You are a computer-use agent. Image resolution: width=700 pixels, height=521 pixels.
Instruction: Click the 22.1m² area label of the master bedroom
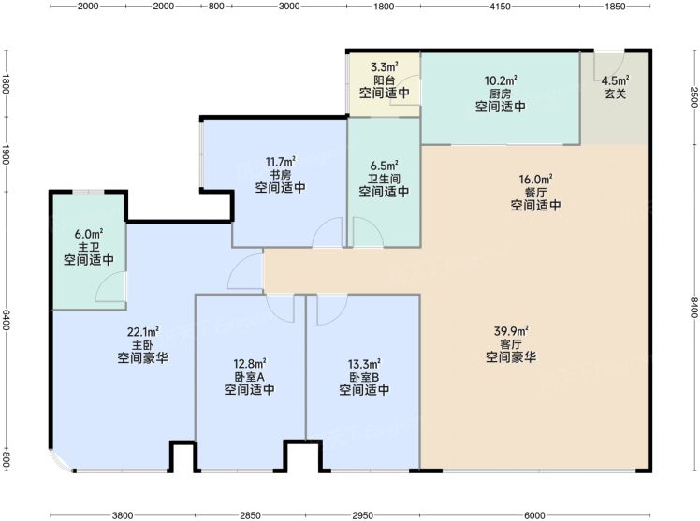coord(143,332)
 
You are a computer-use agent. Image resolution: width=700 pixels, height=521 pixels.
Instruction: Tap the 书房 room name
coord(281,174)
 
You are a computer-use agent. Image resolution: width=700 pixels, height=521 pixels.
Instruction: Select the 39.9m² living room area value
coord(511,331)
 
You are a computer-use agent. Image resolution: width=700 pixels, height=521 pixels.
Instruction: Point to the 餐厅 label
coord(535,193)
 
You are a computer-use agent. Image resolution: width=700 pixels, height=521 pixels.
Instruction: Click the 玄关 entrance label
coord(616,94)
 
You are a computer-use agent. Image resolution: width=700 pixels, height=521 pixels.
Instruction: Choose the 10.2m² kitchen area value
coord(501,80)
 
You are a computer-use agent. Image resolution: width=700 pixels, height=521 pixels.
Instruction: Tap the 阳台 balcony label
coord(385,80)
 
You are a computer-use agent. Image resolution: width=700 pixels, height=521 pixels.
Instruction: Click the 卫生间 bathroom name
coord(385,179)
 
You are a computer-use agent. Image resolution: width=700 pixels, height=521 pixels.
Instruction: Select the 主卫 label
coord(89,247)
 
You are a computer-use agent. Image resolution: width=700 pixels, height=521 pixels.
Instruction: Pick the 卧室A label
coord(250,377)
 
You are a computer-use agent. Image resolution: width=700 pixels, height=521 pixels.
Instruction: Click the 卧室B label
coord(364,377)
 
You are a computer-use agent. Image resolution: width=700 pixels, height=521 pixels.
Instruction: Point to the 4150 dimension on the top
coord(500,7)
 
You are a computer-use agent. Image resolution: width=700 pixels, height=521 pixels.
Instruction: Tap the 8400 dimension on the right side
coord(693,308)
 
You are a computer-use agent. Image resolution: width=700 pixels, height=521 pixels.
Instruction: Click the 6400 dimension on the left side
coord(6,320)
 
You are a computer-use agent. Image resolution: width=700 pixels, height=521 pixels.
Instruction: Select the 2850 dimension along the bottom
coord(250,515)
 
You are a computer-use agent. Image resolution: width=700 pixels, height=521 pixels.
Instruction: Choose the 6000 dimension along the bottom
coord(534,515)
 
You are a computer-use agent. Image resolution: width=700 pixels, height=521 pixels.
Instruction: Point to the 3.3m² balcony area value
coord(385,67)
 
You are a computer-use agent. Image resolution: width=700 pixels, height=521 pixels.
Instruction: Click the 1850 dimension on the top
coord(616,7)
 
